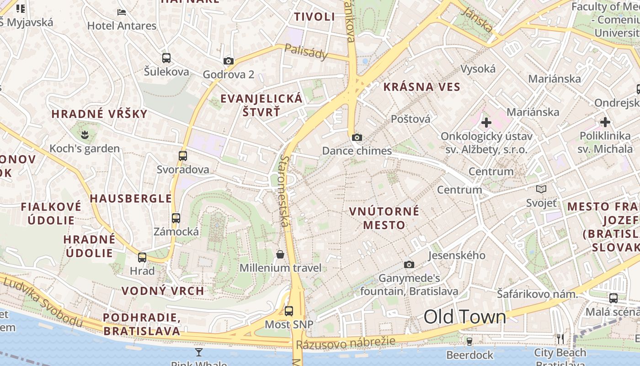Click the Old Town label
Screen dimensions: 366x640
(464, 317)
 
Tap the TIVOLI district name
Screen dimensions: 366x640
(315, 17)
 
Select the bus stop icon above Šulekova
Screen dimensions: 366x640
(166, 58)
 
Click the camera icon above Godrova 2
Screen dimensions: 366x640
(228, 61)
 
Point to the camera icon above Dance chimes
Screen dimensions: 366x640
(357, 137)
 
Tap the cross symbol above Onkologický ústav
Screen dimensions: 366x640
(486, 122)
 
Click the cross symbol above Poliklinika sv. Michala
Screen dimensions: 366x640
(605, 122)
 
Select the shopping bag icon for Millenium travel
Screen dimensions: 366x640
(280, 254)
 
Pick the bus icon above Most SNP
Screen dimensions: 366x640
(289, 311)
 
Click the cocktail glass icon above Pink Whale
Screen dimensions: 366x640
(199, 352)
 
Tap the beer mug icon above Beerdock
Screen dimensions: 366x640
(469, 341)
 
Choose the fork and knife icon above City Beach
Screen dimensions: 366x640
(560, 339)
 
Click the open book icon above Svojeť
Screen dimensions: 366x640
(541, 189)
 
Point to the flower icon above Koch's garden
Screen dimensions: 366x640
(84, 135)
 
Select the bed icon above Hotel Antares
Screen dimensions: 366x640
(122, 12)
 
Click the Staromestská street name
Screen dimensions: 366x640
(285, 191)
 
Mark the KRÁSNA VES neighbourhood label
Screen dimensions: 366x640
(421, 86)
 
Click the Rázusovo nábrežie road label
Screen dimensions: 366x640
(345, 343)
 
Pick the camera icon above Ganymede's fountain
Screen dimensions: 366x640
(409, 264)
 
